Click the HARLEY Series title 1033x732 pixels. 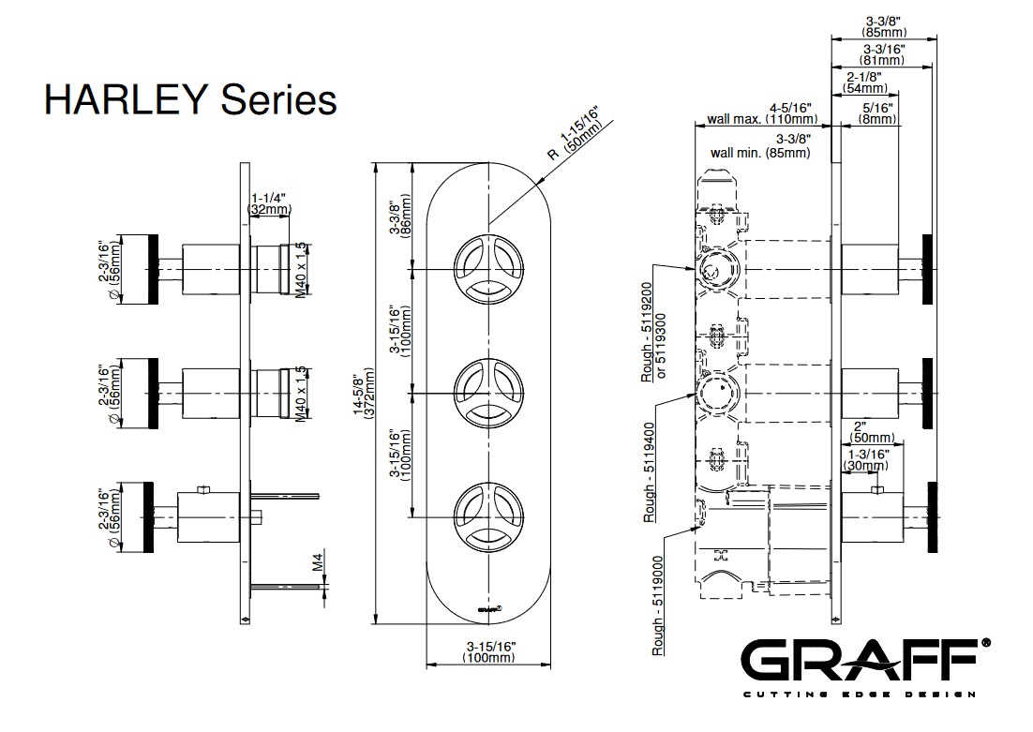point(190,99)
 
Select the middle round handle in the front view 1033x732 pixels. point(487,391)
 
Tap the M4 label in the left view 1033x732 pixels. point(318,562)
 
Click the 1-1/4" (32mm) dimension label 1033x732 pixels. point(269,204)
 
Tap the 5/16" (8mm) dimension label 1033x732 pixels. point(877,113)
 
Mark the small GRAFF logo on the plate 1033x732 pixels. point(487,607)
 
